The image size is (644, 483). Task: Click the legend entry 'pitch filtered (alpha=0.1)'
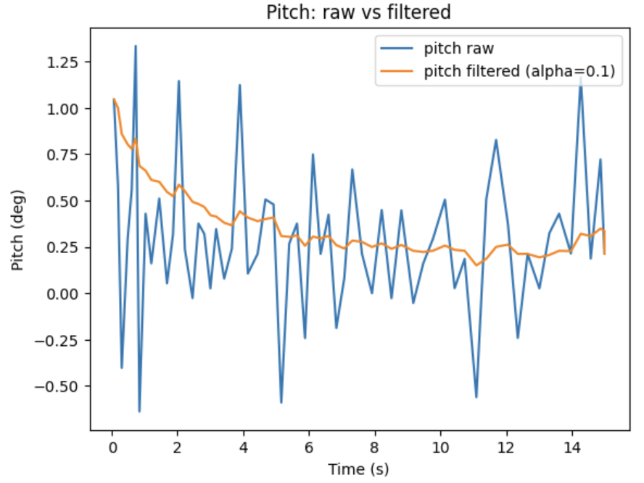521,71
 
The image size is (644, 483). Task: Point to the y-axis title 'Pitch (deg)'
17,230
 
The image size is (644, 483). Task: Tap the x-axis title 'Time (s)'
358,469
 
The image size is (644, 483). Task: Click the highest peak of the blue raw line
135,46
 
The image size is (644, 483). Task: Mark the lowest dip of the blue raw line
139,411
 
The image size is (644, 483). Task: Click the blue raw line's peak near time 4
240,85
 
